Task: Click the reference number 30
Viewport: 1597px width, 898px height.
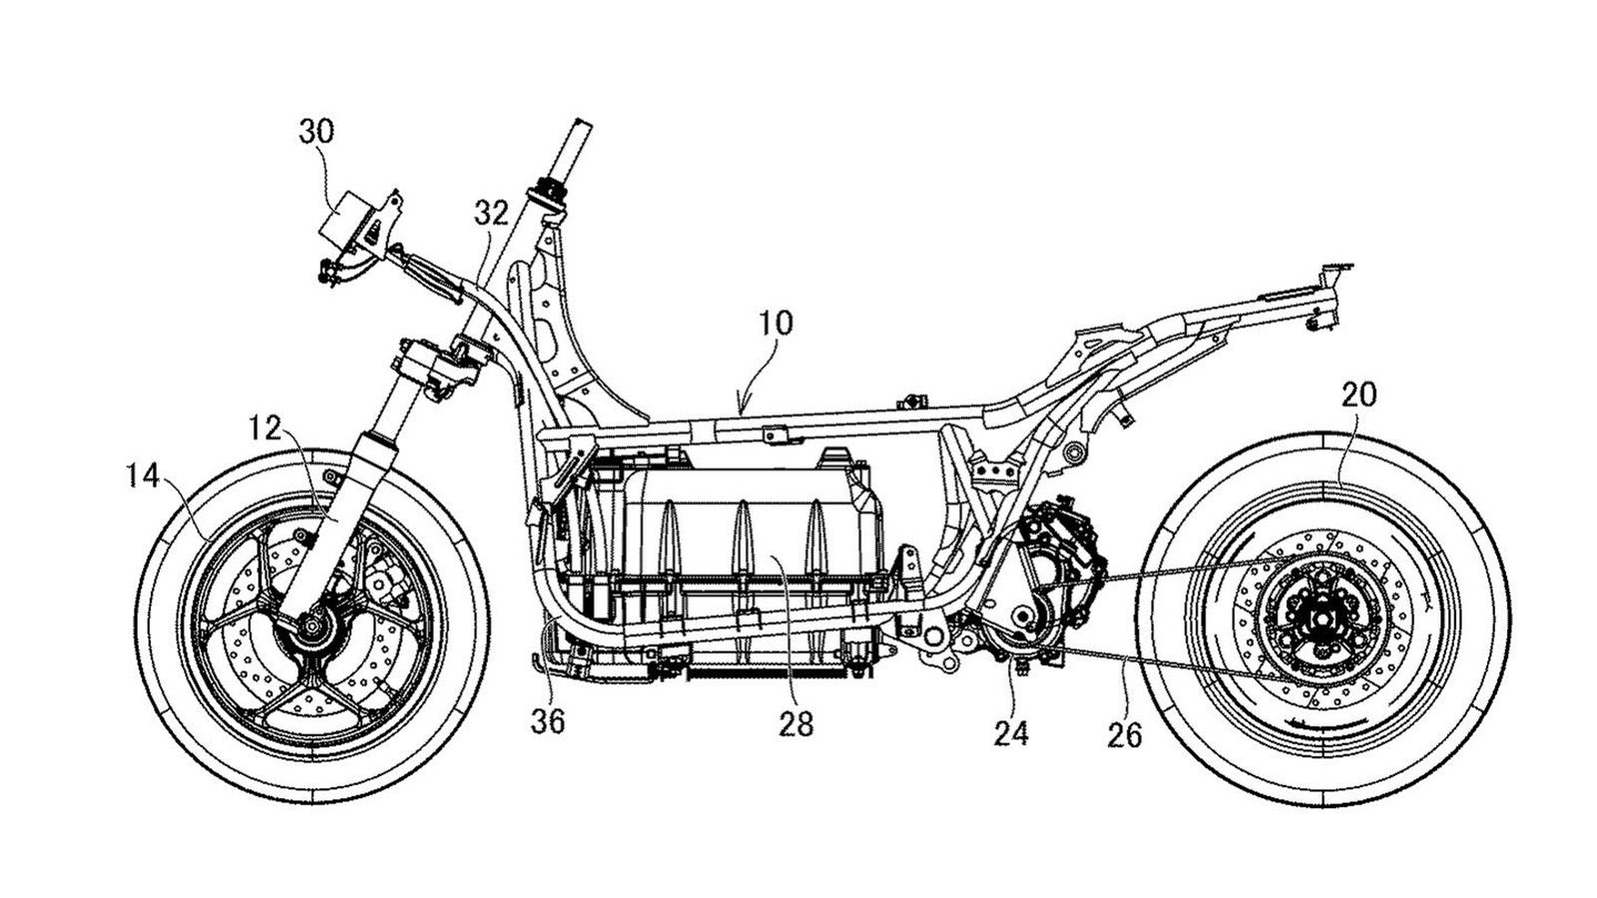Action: (x=316, y=131)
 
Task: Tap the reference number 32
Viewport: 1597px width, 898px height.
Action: (x=491, y=212)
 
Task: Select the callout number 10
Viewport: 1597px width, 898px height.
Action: (x=775, y=323)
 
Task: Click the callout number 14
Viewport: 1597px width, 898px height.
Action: (x=144, y=478)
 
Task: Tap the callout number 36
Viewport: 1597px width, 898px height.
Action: (x=548, y=721)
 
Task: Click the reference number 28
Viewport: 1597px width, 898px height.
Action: (x=797, y=721)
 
